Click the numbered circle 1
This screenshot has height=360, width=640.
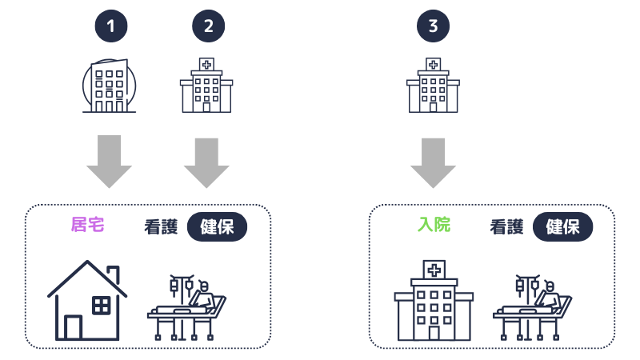pos(110,26)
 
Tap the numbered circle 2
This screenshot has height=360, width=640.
pos(208,26)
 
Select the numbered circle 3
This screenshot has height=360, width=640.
pos(433,26)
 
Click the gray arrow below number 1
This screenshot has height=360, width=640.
pos(109,160)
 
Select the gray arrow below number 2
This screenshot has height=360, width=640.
pos(206,160)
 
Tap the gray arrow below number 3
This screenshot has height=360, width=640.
pos(433,160)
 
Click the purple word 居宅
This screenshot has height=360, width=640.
pos(88,225)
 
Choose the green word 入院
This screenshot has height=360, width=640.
pos(434,225)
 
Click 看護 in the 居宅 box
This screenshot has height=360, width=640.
pos(161,226)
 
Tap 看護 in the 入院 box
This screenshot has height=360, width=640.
pos(506,226)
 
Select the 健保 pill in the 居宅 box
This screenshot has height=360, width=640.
pos(218,226)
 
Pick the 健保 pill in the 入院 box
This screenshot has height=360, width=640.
pos(563,226)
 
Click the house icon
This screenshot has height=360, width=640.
pos(86,301)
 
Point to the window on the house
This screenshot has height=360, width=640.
pos(102,305)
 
